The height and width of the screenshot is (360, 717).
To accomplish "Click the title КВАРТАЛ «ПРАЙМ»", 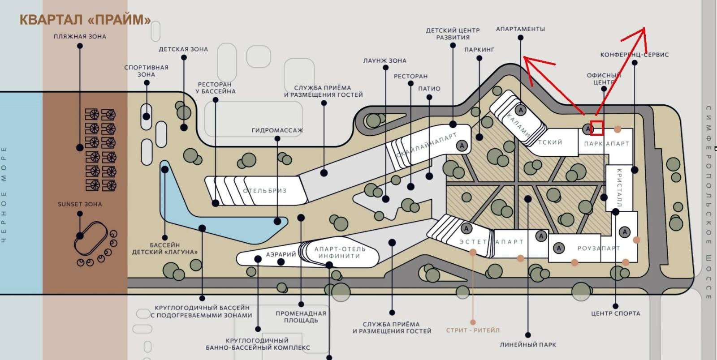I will coord(85,20).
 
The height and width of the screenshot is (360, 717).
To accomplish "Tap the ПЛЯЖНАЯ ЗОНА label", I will coord(80,36).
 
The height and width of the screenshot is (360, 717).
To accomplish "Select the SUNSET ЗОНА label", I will coord(80,204).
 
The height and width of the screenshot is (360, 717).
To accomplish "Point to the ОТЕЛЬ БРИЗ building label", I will coord(264,191).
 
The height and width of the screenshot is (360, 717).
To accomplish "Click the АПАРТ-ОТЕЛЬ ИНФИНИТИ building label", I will coord(340,253).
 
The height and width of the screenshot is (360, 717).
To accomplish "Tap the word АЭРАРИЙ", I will coord(281,254).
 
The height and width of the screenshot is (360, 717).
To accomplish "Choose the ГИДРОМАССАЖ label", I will coord(277,130).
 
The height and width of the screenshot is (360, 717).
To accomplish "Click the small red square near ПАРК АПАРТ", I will coord(597,128).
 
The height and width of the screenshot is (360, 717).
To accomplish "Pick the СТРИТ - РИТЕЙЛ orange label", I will coord(473,330).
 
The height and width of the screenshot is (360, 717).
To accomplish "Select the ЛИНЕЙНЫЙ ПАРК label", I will coord(528,345).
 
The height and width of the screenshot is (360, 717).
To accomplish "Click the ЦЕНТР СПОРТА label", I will coord(616,313).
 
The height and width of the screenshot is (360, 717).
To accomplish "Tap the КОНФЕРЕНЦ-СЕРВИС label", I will coord(635,55).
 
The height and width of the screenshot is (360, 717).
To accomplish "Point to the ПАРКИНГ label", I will coord(479,50).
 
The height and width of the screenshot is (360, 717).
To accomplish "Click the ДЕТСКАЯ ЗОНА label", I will coord(183,49).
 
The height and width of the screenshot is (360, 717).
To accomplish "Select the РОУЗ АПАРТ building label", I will coord(599,248).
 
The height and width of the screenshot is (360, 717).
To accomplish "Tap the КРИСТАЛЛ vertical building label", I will coord(619,188).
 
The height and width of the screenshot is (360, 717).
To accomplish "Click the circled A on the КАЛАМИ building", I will coord(520,109).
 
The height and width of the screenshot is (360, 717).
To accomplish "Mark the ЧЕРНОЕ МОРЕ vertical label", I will coord(4,195).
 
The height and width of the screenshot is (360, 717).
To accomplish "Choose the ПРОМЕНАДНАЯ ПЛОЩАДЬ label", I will coord(301,317).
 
